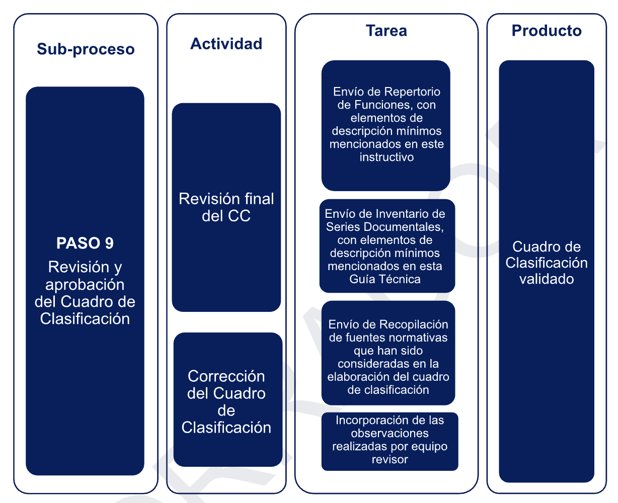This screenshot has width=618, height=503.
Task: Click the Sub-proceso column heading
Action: pos(86,49)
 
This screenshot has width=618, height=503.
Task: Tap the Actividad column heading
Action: pos(226,44)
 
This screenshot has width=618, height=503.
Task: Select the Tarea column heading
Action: pos(387,31)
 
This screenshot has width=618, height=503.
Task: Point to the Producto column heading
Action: pos(547,31)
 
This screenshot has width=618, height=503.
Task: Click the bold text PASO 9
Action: pos(85,243)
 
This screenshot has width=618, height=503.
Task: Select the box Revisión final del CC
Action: pos(226,207)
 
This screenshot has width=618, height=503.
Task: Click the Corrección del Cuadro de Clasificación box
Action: pos(228,399)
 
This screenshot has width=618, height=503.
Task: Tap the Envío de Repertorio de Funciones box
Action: pos(386,126)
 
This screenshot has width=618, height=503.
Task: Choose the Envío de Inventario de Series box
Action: pos(387,246)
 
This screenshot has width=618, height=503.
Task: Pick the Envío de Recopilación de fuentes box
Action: pos(388,353)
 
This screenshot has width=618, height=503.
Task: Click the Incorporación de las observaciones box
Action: pos(390,441)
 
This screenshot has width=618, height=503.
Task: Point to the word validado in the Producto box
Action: pos(547,279)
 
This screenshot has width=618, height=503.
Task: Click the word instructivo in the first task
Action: pos(387,157)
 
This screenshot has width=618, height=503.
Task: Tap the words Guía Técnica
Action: pos(384,279)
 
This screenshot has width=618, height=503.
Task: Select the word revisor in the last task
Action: pos(390,459)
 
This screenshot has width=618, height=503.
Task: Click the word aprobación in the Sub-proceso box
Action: pos(85,285)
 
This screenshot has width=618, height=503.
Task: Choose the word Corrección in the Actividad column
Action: pos(226,376)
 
